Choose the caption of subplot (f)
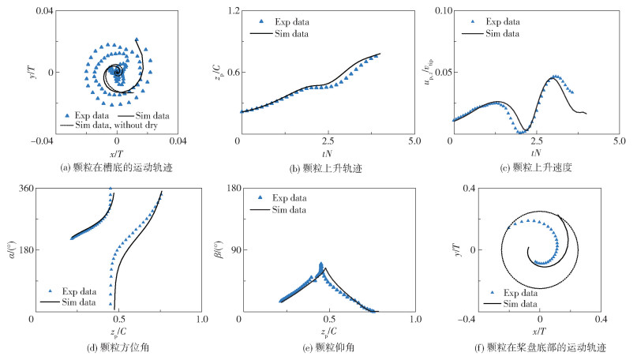[536, 346]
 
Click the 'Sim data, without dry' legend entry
[110, 126]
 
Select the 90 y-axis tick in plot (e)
[230, 250]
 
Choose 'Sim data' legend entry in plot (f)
[515, 303]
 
